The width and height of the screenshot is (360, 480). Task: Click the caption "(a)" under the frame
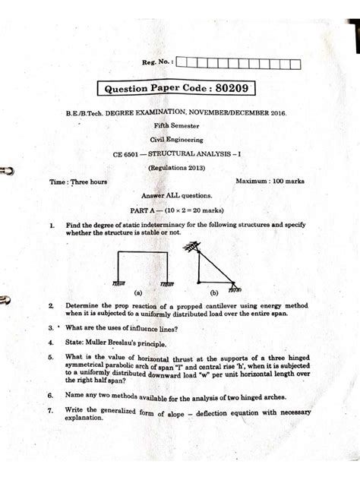[x=138, y=291]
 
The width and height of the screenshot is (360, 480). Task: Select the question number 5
[x=49, y=356]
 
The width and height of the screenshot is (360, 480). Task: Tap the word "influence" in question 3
[x=154, y=328]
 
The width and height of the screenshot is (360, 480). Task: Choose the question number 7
[x=49, y=410]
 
